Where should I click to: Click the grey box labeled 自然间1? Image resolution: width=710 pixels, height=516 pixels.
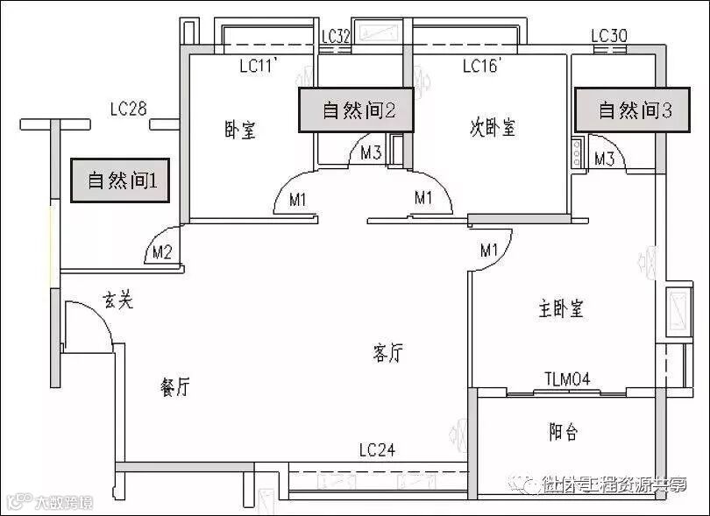point(122,181)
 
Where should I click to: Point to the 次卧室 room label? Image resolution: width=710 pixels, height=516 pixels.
point(492,128)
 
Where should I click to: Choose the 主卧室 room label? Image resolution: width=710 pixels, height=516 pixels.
point(561,308)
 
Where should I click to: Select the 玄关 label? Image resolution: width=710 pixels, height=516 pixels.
point(118,300)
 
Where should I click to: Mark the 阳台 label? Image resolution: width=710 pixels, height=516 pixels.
point(564,432)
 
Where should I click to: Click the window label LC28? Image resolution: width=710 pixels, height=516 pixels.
point(128,109)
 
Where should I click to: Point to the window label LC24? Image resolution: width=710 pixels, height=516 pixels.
point(377,450)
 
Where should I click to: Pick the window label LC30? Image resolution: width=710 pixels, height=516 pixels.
point(609,36)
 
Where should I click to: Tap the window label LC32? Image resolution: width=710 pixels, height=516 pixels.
point(336,36)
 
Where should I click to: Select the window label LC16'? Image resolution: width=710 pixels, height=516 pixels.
point(481,66)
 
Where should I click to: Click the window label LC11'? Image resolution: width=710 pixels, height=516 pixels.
point(259,66)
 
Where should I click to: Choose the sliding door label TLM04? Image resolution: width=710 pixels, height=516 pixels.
point(567,378)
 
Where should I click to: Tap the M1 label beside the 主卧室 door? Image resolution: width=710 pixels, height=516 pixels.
point(489,251)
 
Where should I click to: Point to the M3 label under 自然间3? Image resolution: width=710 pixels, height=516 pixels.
point(604,159)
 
